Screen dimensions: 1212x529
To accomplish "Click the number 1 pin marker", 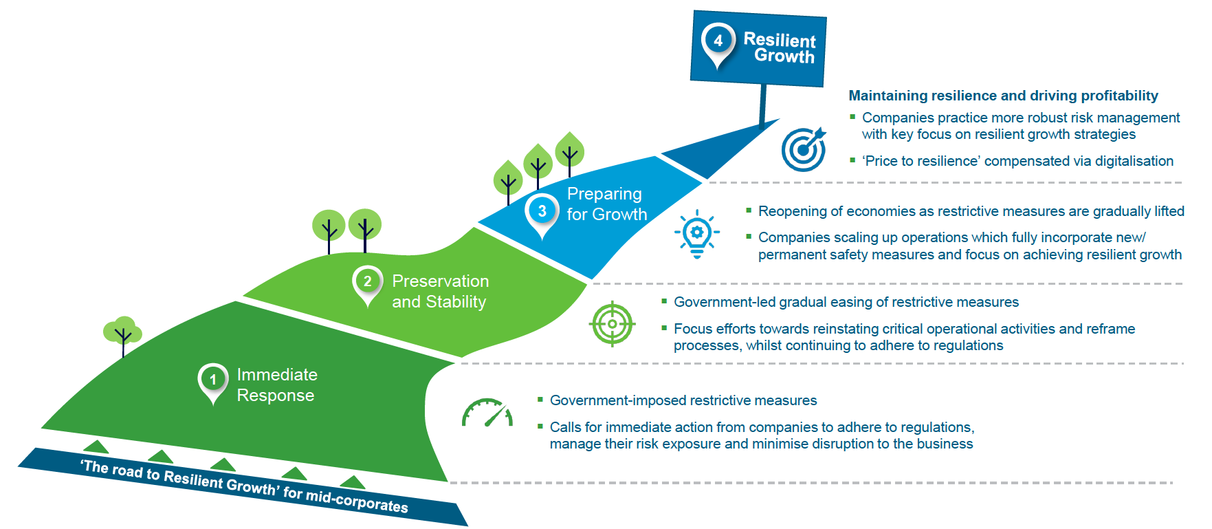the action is point(213,382).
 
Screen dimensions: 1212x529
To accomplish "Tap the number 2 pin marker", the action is point(367,285).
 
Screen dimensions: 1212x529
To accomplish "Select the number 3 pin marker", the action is point(542,215).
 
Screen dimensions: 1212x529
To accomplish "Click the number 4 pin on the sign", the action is point(718,44).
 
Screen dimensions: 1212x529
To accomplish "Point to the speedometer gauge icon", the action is point(487,413).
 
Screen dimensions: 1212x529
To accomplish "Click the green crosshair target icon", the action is point(613,324).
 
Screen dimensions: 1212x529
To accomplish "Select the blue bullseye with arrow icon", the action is point(804,149).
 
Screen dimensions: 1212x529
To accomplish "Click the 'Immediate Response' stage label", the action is point(276,385).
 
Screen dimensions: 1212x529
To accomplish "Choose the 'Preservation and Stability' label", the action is point(441,292).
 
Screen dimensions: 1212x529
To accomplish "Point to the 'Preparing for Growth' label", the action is point(607,204).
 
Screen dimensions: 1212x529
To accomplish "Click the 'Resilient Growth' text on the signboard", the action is point(780,47).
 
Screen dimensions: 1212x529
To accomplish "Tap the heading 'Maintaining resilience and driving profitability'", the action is point(1003,96).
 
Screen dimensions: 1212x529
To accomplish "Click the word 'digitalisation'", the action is point(1134,161).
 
